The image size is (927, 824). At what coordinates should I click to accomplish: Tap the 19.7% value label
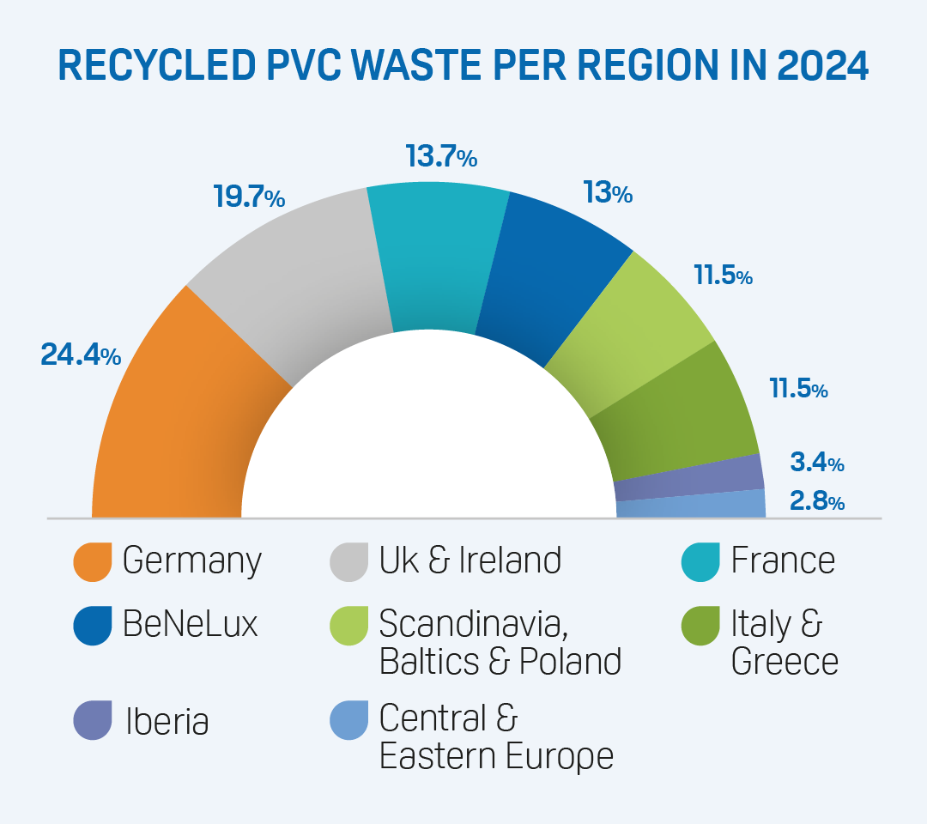[x=248, y=198]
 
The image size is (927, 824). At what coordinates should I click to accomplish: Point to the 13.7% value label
[x=440, y=157]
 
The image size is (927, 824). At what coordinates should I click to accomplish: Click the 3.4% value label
[x=816, y=464]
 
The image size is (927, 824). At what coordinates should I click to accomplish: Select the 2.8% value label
[x=816, y=501]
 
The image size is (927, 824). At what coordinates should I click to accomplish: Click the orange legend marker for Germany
[x=93, y=561]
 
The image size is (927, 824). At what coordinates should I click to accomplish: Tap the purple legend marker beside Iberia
[x=93, y=720]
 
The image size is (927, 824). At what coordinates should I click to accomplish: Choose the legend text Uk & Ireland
[x=470, y=560]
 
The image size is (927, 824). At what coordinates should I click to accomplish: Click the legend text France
[x=783, y=560]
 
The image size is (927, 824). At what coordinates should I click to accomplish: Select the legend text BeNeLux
[x=191, y=624]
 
